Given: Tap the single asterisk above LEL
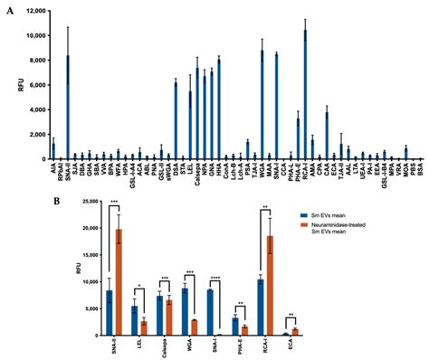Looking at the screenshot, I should click(138, 289).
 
